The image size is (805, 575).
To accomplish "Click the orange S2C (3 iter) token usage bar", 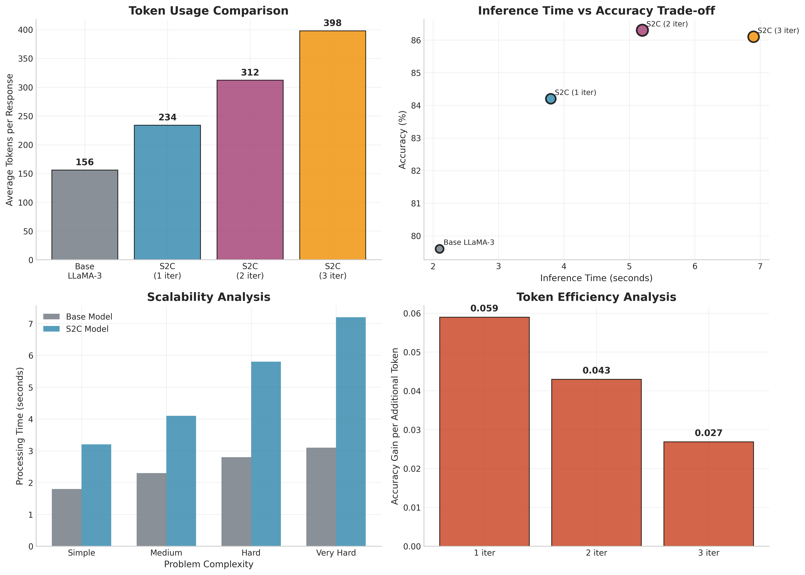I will pos(332,145).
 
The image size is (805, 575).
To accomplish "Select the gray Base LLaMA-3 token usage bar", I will pos(85,215).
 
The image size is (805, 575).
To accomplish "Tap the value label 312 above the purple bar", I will pos(250,73).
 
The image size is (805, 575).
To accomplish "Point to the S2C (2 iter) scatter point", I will pos(642,30).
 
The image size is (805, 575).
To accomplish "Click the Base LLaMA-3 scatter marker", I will pos(439,249).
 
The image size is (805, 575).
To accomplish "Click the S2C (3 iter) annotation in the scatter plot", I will pos(778,31).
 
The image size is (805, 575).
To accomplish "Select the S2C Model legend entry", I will pos(87,329).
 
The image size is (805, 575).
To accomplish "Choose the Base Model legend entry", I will pos(89,317).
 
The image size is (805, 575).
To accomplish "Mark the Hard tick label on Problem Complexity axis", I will pos(251,553).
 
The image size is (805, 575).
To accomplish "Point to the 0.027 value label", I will pos(708,433).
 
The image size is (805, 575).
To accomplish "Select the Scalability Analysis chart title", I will pos(208,297).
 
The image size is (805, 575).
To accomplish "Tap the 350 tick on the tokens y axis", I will pos(25,59).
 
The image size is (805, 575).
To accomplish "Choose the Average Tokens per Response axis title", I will pos(10,140).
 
